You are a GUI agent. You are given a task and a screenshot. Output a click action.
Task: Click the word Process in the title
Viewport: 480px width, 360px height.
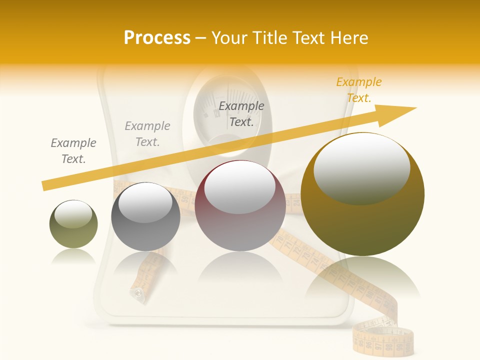click(x=157, y=38)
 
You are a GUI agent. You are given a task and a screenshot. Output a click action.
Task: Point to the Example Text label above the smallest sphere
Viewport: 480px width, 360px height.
click(x=73, y=151)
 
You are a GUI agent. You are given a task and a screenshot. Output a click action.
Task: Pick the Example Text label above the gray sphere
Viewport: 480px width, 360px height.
click(x=147, y=134)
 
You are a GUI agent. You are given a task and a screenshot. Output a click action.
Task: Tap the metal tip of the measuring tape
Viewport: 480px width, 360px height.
click(x=136, y=294)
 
